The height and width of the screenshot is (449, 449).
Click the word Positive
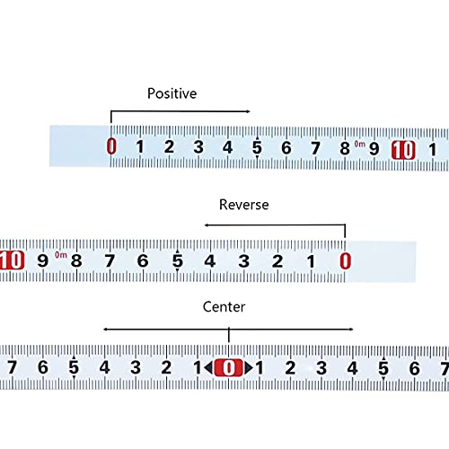(x=172, y=93)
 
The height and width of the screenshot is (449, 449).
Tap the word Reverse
(x=244, y=205)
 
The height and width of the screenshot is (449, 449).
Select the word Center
(x=224, y=307)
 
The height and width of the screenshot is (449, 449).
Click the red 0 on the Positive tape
(x=111, y=146)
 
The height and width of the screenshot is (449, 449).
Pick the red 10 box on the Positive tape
(x=403, y=150)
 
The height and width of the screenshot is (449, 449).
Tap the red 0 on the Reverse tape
(x=345, y=260)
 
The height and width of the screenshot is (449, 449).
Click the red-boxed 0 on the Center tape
(x=229, y=367)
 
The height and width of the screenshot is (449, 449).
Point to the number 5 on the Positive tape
(x=257, y=147)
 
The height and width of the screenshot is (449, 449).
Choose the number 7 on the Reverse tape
(x=110, y=260)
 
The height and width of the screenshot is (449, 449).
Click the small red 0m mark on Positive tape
(x=360, y=145)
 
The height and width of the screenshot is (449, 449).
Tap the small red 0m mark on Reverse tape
(x=61, y=255)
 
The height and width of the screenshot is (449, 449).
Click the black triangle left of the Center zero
(x=208, y=367)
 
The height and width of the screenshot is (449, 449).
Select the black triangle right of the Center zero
(x=249, y=367)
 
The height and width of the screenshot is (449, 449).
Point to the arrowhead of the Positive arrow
(x=248, y=111)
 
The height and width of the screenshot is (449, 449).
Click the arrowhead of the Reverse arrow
(x=207, y=225)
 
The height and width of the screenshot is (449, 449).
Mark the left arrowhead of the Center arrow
(x=106, y=330)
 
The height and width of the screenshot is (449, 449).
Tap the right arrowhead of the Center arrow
(x=351, y=330)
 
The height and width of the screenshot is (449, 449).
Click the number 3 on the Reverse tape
(x=244, y=261)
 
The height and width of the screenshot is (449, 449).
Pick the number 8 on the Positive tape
(x=345, y=148)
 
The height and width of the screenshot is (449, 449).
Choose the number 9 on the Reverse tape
(x=42, y=260)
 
